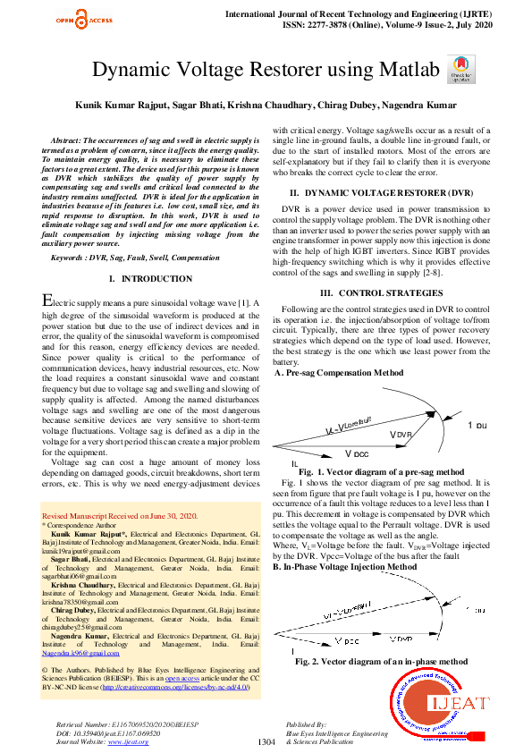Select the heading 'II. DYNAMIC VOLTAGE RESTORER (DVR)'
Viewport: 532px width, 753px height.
pos(386,193)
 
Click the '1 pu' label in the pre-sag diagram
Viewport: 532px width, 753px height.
pos(477,425)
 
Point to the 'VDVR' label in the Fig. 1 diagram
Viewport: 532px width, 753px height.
pos(402,434)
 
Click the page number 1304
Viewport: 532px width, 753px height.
pos(266,741)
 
